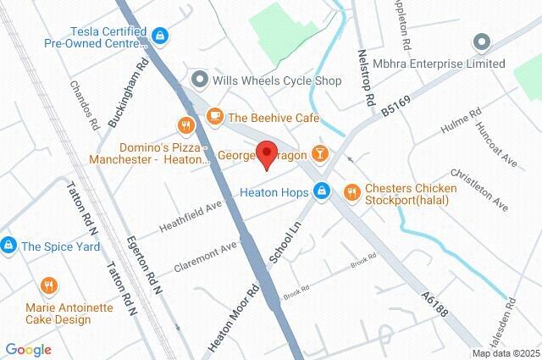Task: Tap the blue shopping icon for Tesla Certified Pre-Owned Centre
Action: [160, 36]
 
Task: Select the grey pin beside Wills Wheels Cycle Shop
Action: [201, 80]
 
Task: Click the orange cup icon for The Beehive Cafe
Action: [215, 117]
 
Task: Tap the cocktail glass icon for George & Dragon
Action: [319, 153]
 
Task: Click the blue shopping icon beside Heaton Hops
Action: [322, 192]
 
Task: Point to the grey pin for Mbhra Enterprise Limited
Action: [482, 41]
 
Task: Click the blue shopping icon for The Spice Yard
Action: [8, 246]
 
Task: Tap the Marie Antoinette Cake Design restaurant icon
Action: [50, 285]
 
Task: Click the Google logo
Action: [28, 349]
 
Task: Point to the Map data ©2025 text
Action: [505, 353]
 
